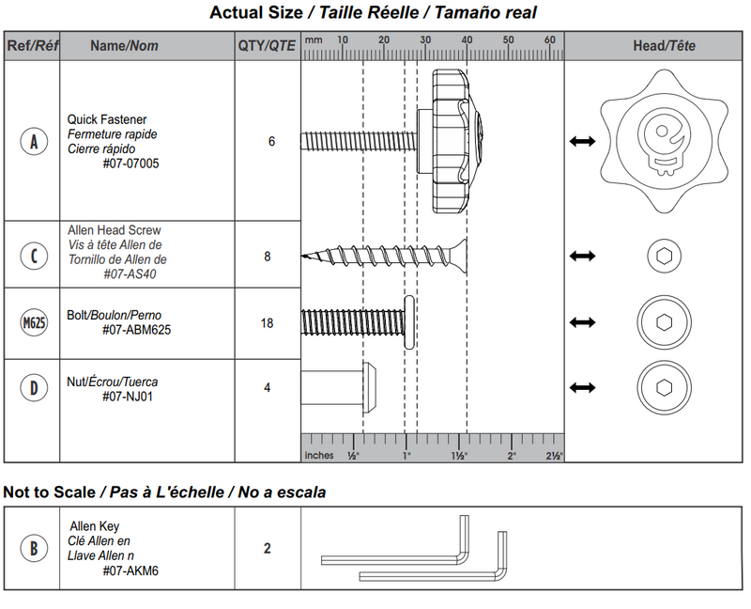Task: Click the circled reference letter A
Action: tap(34, 142)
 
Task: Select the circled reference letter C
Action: tap(34, 256)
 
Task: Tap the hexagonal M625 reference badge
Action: tap(34, 323)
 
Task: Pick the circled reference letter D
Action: tap(34, 388)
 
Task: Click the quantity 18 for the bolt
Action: tap(268, 323)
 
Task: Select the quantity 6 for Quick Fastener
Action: tap(271, 142)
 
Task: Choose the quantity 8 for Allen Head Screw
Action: tap(268, 256)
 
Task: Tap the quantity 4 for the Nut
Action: tap(268, 388)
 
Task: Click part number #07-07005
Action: tap(130, 164)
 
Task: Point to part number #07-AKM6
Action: tap(130, 570)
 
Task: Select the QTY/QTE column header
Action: tap(267, 46)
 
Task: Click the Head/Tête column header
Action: tap(665, 46)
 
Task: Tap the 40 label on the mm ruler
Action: tap(467, 40)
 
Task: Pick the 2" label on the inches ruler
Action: tap(512, 455)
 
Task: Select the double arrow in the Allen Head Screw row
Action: tap(583, 256)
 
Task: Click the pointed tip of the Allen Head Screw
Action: tap(305, 256)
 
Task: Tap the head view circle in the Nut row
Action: tap(664, 387)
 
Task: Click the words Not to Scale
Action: tap(49, 492)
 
